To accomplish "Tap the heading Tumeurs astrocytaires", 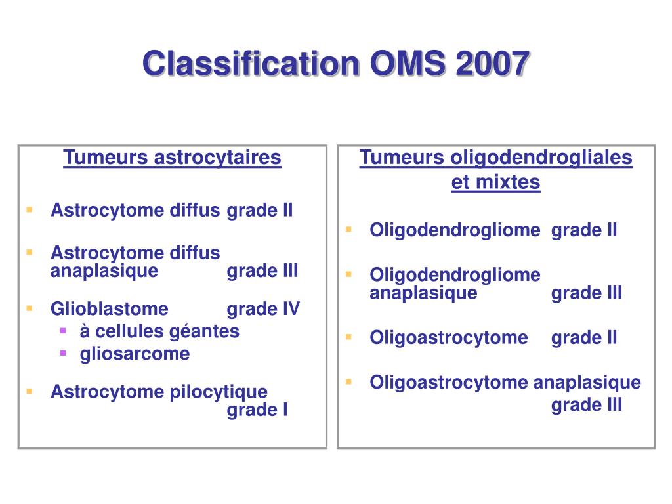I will [x=172, y=157].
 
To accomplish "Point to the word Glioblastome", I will [x=110, y=309].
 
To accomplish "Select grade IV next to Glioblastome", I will [x=263, y=309].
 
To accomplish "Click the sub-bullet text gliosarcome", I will [x=135, y=354].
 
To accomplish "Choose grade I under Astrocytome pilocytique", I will [x=257, y=410].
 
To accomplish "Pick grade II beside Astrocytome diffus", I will [x=260, y=211].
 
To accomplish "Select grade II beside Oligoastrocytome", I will [x=584, y=338].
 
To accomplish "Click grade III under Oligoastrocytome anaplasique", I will [x=587, y=405].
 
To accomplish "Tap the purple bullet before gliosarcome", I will [x=64, y=353].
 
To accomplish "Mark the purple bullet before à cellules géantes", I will [x=64, y=330].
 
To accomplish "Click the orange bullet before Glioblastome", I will [x=30, y=308].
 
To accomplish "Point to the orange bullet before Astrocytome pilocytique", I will [x=30, y=390].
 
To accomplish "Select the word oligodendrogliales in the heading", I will [x=541, y=157].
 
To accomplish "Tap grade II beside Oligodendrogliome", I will [x=584, y=230].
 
